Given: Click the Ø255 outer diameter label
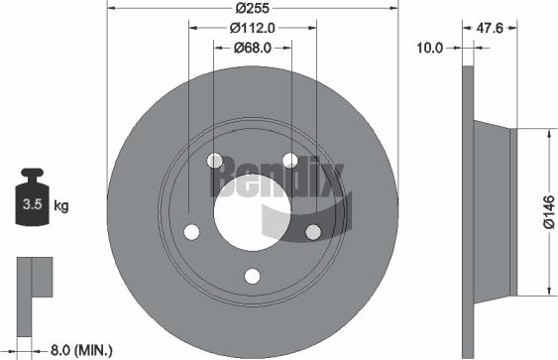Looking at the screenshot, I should point(253,9).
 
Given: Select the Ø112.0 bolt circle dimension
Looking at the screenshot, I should point(252,28).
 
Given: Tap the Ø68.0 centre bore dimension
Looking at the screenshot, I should point(253,47).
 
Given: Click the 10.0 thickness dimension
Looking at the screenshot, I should point(428,47).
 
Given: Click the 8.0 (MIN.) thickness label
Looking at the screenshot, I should point(78,349).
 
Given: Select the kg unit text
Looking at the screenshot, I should point(60,206).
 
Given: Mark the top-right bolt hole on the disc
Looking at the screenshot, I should point(289,160).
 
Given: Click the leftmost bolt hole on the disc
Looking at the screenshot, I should point(192,231).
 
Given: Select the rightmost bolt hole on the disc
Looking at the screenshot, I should point(313,231).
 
